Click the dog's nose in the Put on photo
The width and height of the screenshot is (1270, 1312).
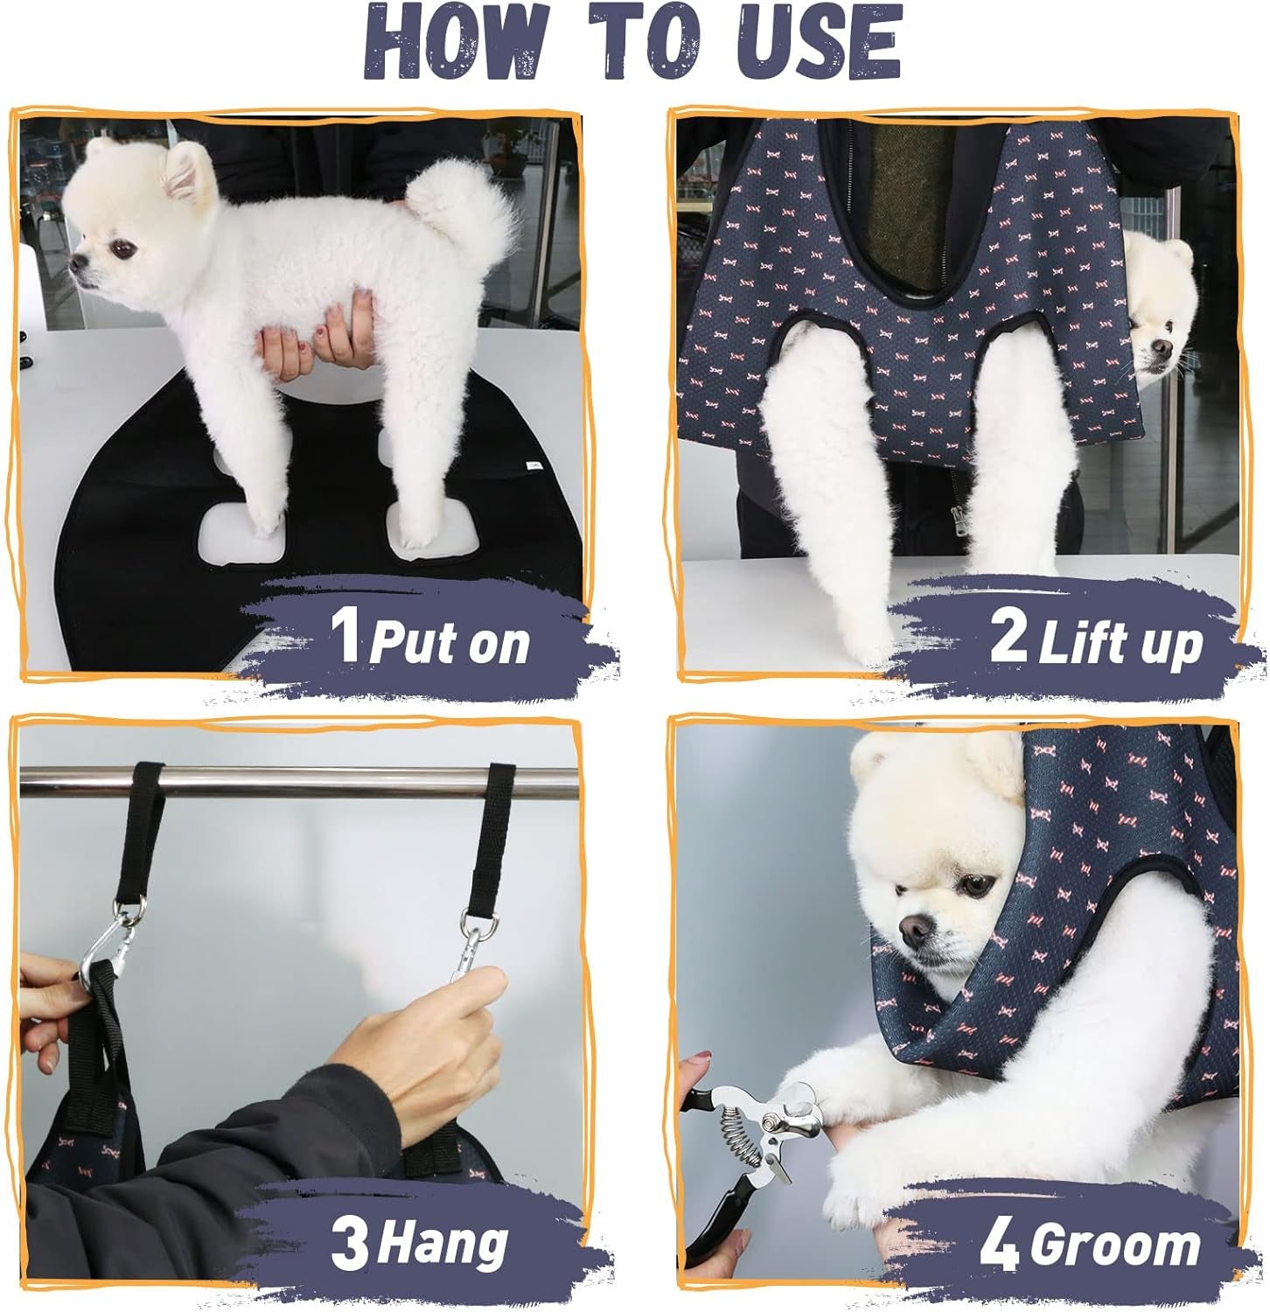[78, 261]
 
